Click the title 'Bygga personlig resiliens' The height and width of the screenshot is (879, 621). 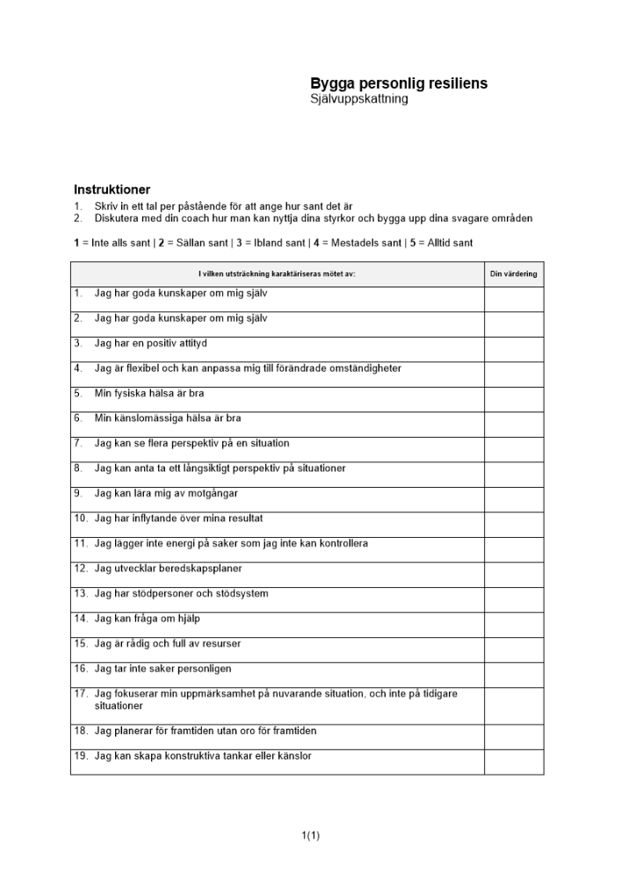pos(399,84)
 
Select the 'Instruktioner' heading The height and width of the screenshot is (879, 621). pos(112,189)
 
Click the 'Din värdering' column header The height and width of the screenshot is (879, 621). pos(513,274)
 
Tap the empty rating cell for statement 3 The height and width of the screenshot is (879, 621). pos(513,350)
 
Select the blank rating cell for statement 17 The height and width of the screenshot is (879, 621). pos(513,706)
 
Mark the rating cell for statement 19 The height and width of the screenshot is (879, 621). pos(513,761)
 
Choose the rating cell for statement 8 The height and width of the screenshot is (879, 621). pos(513,475)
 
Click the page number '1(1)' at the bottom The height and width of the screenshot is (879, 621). pos(310,835)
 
